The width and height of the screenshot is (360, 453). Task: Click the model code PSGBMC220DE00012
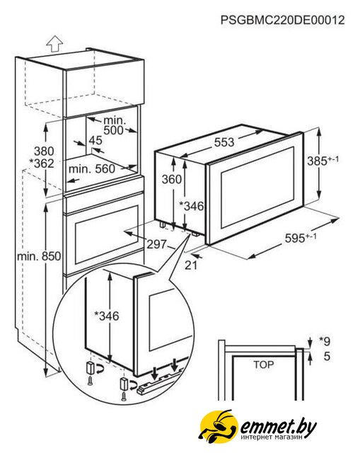tap(283, 21)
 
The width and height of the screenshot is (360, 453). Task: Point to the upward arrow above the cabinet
tap(54, 44)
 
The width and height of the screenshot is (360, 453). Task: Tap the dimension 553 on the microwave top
tap(224, 142)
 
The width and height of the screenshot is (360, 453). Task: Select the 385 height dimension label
tap(323, 161)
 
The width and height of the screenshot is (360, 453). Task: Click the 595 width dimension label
tap(301, 238)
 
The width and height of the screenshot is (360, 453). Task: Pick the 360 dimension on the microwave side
tap(171, 179)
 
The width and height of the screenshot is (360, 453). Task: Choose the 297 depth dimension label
tap(157, 244)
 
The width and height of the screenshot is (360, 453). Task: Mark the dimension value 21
tap(191, 265)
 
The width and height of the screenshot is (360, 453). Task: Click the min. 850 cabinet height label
tap(39, 256)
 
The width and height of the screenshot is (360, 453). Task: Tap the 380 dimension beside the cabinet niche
tap(44, 151)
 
